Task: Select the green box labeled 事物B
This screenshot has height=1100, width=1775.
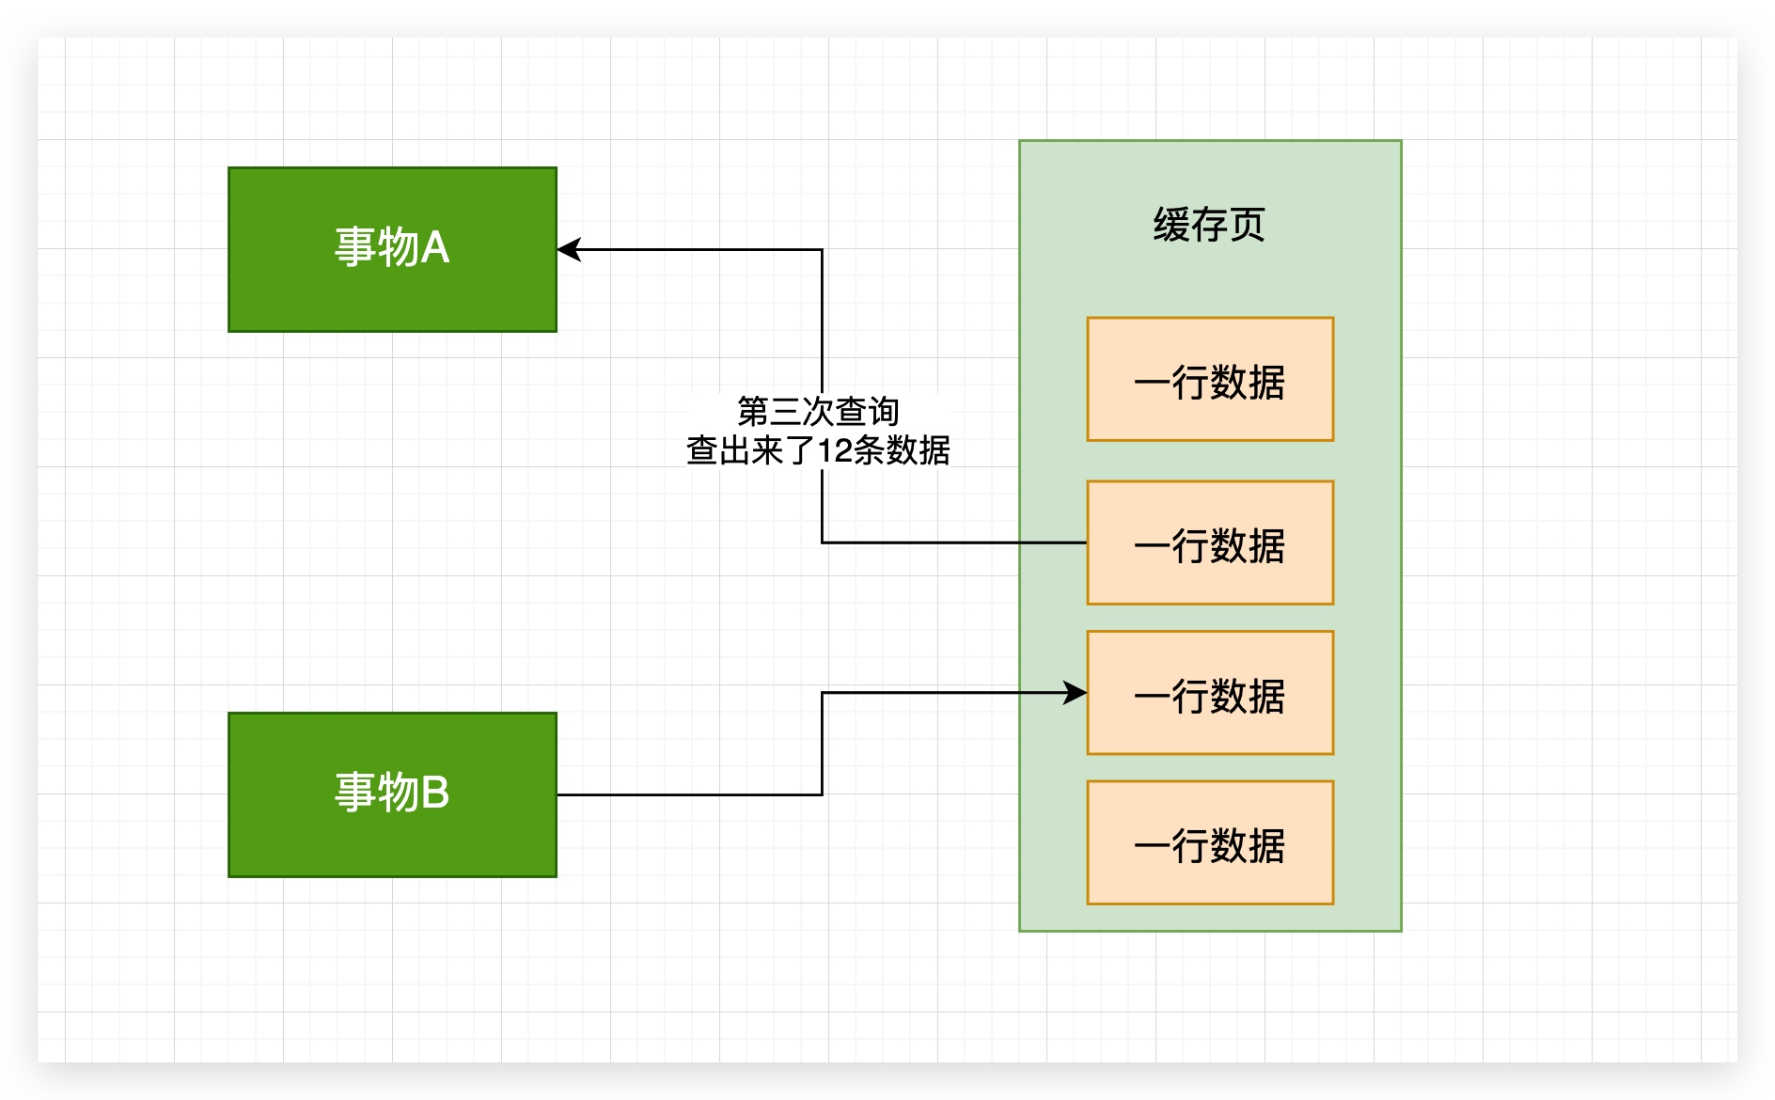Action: point(392,837)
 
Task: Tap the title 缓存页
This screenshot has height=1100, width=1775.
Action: point(1209,225)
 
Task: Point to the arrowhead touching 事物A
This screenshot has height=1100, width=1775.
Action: point(569,249)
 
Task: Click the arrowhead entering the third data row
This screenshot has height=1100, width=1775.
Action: point(1076,693)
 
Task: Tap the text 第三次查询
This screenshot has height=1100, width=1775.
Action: point(818,411)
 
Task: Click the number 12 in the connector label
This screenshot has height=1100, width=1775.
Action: point(834,451)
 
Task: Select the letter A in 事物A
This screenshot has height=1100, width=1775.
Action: point(434,248)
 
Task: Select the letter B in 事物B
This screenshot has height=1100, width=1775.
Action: point(434,793)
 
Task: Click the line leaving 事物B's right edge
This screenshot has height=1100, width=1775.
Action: point(686,794)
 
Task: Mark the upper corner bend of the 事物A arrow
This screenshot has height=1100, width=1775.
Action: point(822,250)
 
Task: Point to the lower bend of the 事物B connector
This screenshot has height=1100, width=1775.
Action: point(822,794)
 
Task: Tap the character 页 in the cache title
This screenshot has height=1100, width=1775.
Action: point(1247,225)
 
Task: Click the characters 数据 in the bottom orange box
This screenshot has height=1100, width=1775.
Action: point(1248,846)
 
